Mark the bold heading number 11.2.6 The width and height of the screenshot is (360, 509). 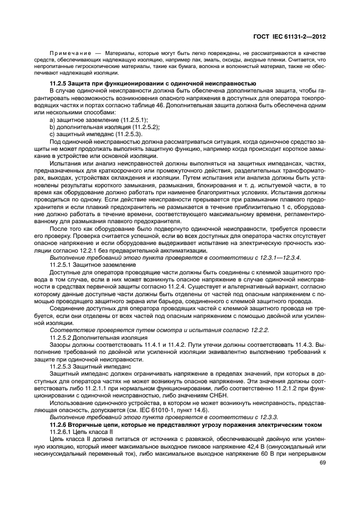[x=60, y=423]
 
